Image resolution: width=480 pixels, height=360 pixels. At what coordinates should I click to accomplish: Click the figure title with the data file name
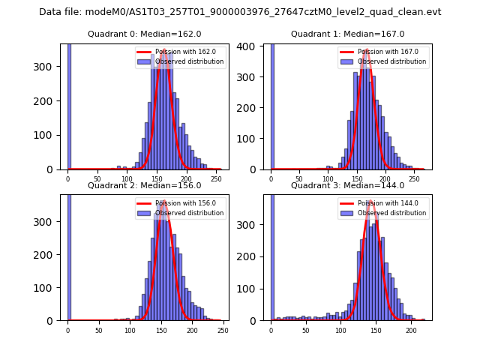point(240,12)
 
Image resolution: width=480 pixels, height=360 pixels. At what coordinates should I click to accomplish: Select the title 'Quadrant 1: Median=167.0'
point(347,34)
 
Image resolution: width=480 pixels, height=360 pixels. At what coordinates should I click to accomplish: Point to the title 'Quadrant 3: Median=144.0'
point(347,185)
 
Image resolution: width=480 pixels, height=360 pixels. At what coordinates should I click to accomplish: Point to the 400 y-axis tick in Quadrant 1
point(251,46)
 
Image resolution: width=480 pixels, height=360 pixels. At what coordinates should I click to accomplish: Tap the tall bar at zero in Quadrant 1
point(271,105)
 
